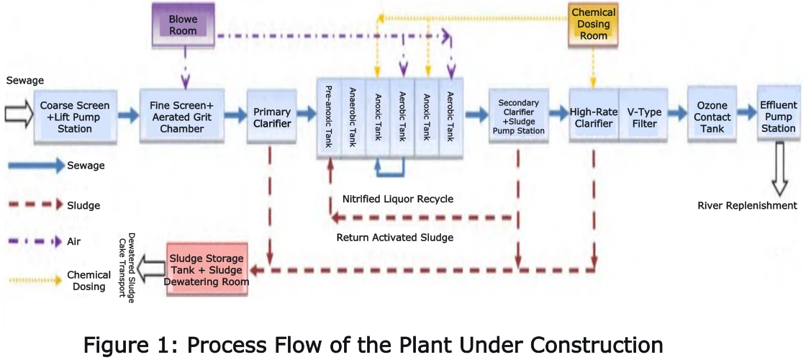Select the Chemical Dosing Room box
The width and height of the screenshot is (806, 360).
point(594,24)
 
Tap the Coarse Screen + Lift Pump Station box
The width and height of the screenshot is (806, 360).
point(75,117)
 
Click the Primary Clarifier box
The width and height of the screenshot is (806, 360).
point(272,117)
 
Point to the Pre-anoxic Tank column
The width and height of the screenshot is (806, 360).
point(329,117)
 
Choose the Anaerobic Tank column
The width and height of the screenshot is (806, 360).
point(353,117)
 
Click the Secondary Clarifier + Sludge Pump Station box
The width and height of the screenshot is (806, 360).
point(518,117)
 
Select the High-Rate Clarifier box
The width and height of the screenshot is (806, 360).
point(591,117)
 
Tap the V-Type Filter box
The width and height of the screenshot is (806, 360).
point(638,117)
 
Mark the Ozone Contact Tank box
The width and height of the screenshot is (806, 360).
point(712,117)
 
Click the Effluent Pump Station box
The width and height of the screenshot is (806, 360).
point(778,117)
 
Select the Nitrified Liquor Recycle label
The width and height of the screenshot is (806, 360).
point(398,199)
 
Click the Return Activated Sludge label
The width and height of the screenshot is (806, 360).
point(394,237)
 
